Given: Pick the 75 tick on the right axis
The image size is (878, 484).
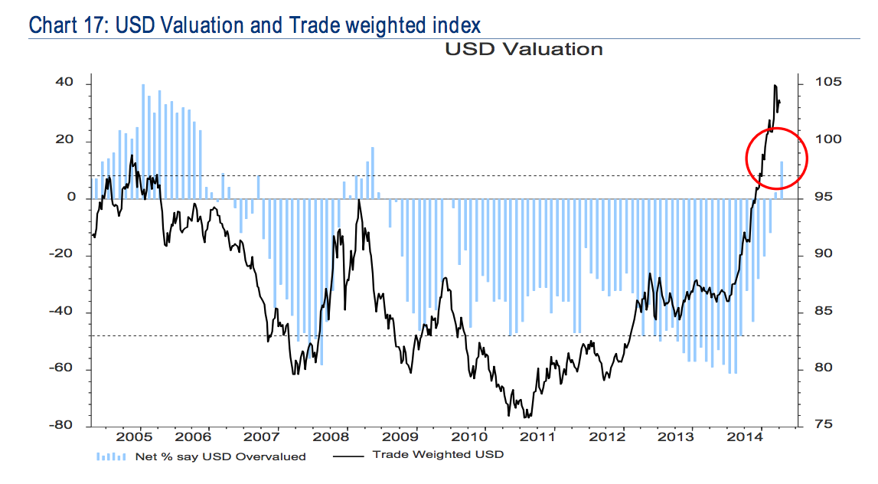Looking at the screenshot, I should click(814, 425).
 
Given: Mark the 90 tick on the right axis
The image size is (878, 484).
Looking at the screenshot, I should click(814, 254).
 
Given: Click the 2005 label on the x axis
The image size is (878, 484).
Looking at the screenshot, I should click(135, 437).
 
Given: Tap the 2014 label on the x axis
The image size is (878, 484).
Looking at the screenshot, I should click(749, 437).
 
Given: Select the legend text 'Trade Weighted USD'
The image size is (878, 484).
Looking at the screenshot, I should click(439, 455).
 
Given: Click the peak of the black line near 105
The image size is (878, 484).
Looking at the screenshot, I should click(775, 86).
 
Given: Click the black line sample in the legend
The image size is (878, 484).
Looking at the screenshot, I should click(349, 456).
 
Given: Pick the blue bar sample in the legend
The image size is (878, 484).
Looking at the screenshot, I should click(110, 456).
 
